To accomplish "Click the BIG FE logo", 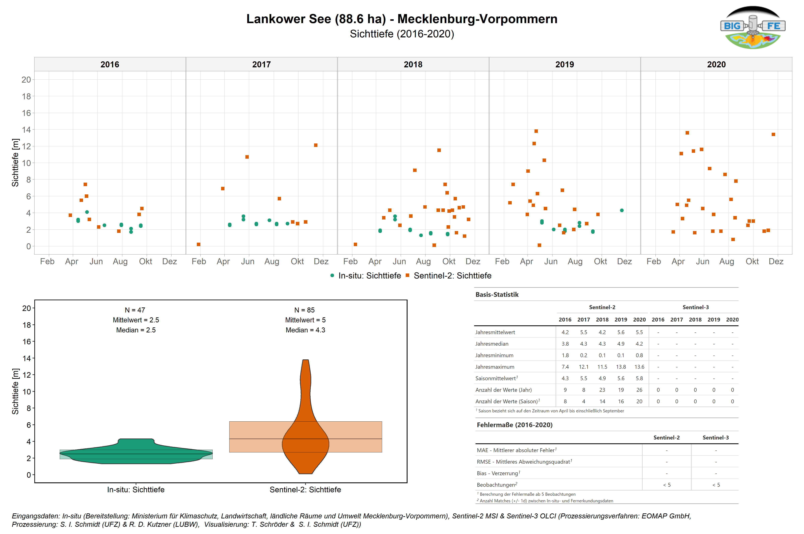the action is pos(753,27).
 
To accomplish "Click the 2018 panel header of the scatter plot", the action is pos(413,64).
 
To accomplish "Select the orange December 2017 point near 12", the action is pos(316,145).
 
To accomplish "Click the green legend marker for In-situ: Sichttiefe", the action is pos(332,275).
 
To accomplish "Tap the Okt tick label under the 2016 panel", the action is pos(146,261).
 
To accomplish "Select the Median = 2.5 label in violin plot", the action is pos(136,330).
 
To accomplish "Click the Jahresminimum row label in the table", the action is pos(494,355).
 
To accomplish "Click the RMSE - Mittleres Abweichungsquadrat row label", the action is pos(524,462).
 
